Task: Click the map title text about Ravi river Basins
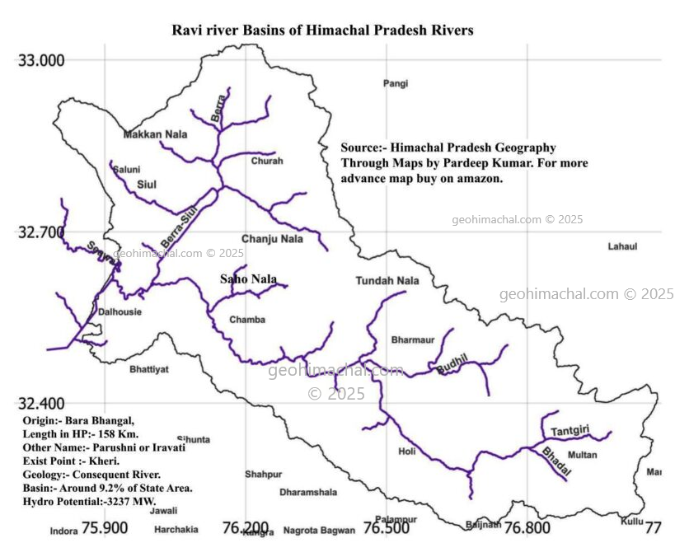(x=322, y=30)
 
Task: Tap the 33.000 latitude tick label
(x=41, y=60)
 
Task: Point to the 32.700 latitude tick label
(x=41, y=232)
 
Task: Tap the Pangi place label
(x=396, y=83)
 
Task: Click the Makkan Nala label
(x=155, y=134)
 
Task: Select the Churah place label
(x=267, y=161)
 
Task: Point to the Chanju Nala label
(x=272, y=239)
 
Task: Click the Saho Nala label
(x=248, y=279)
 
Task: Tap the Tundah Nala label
(x=387, y=281)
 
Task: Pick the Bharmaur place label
(x=413, y=339)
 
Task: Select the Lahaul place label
(x=622, y=246)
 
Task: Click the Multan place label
(x=583, y=455)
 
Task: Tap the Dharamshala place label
(x=308, y=493)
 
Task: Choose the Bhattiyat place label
(x=149, y=370)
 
